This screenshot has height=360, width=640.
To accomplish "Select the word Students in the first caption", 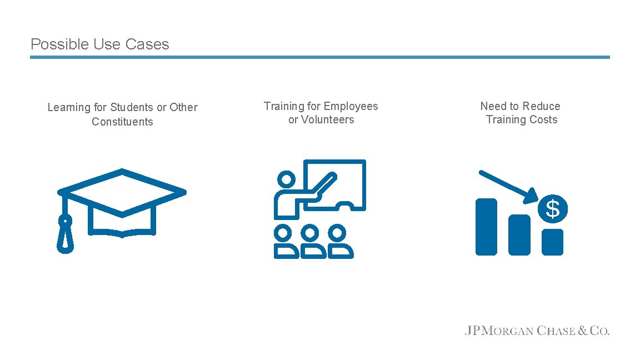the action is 132,107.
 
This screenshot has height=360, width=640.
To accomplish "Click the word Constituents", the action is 122,122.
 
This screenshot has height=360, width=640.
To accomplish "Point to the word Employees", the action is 351,106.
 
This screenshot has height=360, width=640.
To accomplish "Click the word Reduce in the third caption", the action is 541,106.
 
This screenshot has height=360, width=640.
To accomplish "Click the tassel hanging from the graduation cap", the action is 66,234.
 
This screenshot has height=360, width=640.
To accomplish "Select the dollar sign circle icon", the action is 553,209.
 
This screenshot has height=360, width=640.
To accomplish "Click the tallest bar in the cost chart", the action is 486,227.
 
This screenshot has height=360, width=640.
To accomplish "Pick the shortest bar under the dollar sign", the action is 552,242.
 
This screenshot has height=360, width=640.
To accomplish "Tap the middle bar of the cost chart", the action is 519,234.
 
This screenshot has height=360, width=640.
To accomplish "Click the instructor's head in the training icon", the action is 287,179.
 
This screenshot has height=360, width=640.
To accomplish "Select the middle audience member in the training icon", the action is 313,242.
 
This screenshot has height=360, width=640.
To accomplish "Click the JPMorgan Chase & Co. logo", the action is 537,331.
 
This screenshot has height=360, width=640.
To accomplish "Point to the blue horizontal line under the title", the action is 319,57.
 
